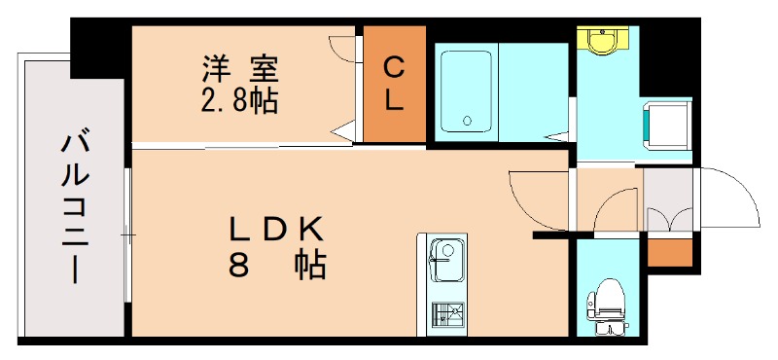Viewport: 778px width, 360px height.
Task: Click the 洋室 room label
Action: click(x=239, y=70)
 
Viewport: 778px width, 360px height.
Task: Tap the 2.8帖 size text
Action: click(x=239, y=99)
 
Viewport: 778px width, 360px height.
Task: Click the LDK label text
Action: click(x=276, y=229)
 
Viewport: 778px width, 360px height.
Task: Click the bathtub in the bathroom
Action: click(x=466, y=90)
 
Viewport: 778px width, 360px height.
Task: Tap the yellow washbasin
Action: click(x=603, y=42)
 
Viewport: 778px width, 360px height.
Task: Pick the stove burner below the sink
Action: click(x=447, y=313)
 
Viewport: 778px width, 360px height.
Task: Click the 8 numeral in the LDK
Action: click(x=238, y=264)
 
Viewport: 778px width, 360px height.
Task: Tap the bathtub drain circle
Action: click(x=468, y=122)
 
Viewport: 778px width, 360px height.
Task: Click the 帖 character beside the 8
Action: click(x=311, y=264)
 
